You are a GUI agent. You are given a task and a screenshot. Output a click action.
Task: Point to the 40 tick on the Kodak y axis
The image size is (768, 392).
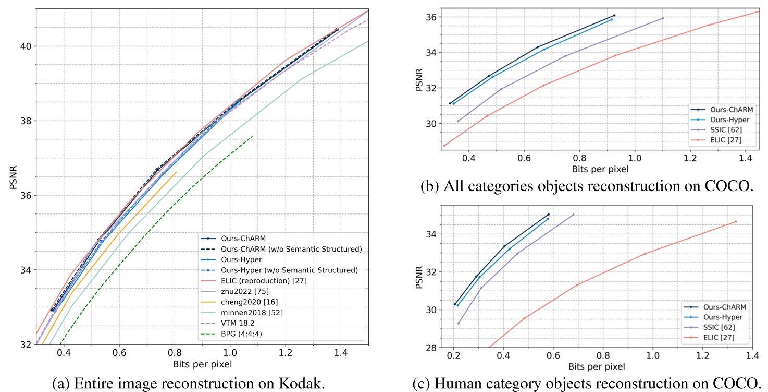25,46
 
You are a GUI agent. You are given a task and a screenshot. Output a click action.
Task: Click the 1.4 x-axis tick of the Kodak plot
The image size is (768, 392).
341,352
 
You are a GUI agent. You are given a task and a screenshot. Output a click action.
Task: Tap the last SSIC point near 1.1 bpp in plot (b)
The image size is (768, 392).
663,18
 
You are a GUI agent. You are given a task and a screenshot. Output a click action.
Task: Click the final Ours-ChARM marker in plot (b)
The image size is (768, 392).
614,16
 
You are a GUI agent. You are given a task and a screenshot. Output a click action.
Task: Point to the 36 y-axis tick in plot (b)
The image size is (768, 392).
431,17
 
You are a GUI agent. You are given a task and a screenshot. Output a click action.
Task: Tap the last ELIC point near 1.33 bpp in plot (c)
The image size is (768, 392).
736,221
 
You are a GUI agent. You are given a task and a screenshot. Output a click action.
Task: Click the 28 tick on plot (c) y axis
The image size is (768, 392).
431,348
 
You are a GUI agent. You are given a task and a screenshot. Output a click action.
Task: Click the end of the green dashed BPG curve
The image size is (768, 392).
252,137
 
